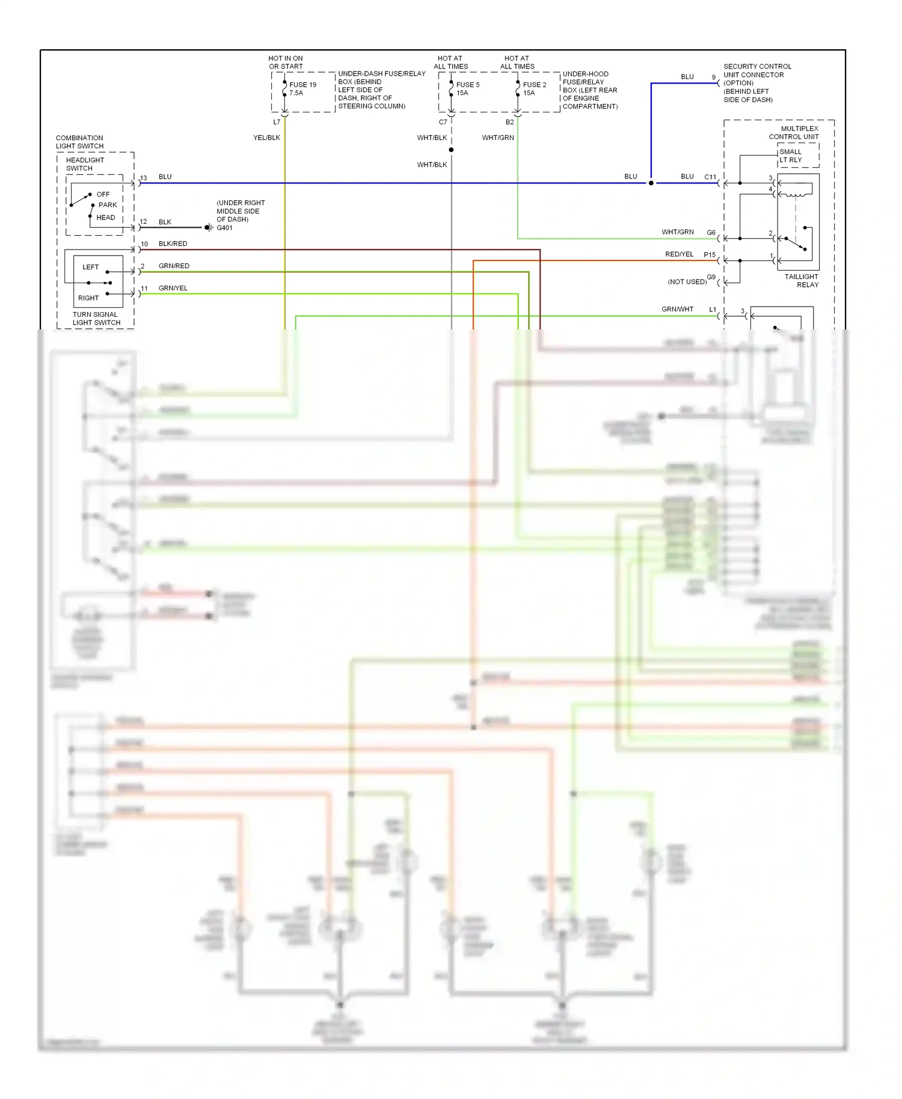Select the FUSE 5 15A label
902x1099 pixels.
pyautogui.click(x=467, y=88)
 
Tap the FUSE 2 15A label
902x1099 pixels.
pyautogui.click(x=534, y=88)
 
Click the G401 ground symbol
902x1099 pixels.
pyautogui.click(x=208, y=227)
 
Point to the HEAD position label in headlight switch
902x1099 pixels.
pyautogui.click(x=105, y=218)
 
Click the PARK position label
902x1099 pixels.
pyautogui.click(x=107, y=205)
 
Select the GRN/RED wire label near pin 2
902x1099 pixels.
pyautogui.click(x=174, y=266)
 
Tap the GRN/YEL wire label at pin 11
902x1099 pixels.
pyautogui.click(x=173, y=288)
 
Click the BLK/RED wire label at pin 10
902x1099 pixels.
pyautogui.click(x=173, y=243)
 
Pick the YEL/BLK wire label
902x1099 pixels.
pyautogui.click(x=266, y=138)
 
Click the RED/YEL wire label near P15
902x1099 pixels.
pyautogui.click(x=679, y=254)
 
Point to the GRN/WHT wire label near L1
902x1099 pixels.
pyautogui.click(x=677, y=309)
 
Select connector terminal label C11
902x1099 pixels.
pyautogui.click(x=710, y=177)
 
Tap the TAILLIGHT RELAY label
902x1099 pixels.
pyautogui.click(x=801, y=281)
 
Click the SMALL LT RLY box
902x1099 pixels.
pyautogui.click(x=797, y=156)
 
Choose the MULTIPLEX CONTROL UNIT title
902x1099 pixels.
pyautogui.click(x=794, y=132)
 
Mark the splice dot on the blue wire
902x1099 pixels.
pyautogui.click(x=651, y=183)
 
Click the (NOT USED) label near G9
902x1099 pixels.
pyautogui.click(x=687, y=281)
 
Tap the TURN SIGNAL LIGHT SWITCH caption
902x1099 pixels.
pyautogui.click(x=96, y=319)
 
